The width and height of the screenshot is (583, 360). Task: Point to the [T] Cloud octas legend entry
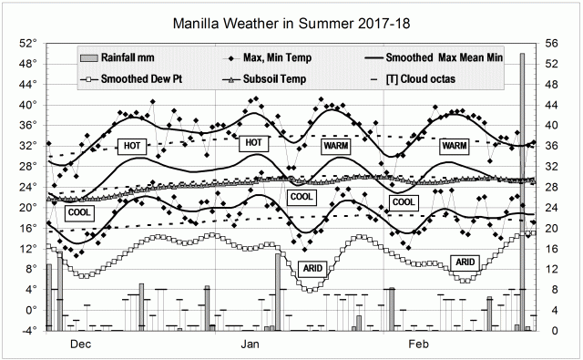tap(421, 78)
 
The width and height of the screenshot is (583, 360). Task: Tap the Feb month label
tap(417, 345)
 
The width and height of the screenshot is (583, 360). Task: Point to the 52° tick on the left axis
tap(27, 43)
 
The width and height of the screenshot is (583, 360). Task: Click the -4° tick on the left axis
tap(29, 330)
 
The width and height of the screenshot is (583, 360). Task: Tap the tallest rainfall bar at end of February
tap(522, 191)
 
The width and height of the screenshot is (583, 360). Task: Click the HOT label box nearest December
tap(131, 146)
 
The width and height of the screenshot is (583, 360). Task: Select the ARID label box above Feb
tap(465, 262)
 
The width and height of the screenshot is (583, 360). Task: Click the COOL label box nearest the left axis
tap(79, 211)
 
